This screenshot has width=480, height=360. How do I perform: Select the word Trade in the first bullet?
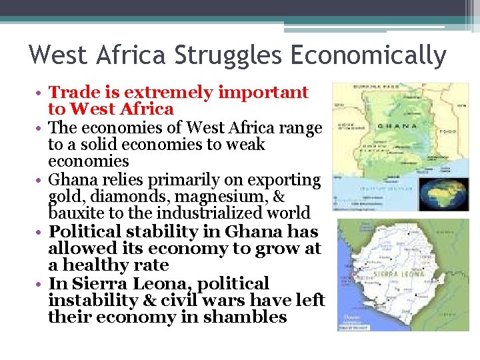click(x=74, y=92)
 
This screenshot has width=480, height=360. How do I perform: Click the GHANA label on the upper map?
click(x=397, y=125)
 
